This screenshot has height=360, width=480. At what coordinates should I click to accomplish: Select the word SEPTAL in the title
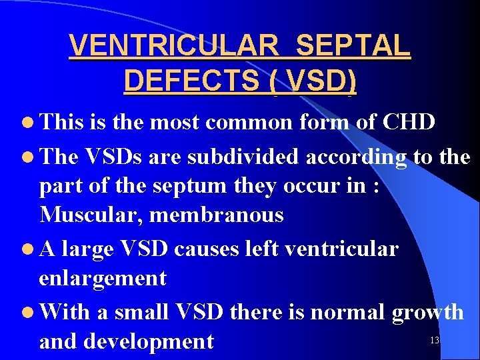pyautogui.click(x=353, y=46)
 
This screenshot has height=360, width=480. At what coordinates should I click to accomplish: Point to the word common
pyautogui.click(x=250, y=123)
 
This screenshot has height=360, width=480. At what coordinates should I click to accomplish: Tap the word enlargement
pyautogui.click(x=103, y=278)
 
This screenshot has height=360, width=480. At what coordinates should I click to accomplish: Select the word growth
pyautogui.click(x=428, y=311)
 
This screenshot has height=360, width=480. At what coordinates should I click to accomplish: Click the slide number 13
pyautogui.click(x=435, y=341)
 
